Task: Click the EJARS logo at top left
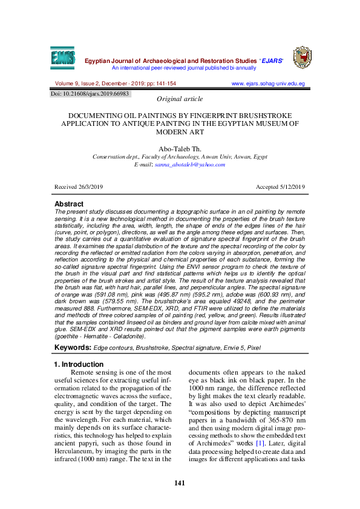click(64, 57)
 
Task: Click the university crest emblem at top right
click(302, 57)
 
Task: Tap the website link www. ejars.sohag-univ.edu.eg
click(268, 84)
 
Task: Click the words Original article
click(180, 99)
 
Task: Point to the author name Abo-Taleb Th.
click(180, 148)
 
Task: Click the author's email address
click(189, 164)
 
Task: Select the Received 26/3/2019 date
click(79, 188)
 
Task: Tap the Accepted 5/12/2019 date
click(280, 188)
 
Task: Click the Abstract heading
click(69, 204)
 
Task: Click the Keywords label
click(73, 347)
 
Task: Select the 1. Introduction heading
click(79, 364)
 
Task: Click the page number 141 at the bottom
click(179, 482)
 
